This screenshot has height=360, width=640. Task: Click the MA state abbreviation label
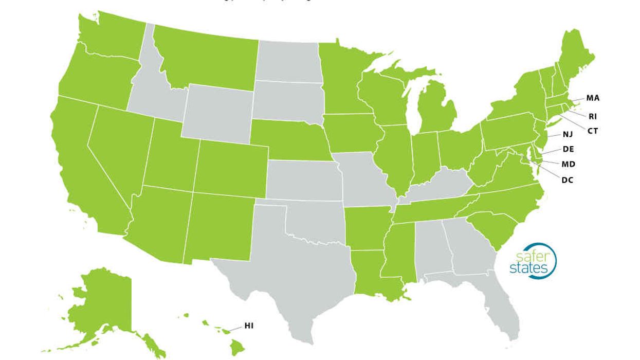593,98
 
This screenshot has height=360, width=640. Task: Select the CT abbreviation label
593,131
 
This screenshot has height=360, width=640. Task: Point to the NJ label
568,135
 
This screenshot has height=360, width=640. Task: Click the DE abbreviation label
568,149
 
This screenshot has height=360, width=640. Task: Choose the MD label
568,164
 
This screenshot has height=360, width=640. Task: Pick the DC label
568,180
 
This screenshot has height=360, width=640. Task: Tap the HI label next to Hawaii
249,326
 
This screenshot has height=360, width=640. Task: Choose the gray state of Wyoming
218,111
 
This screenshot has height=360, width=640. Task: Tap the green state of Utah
170,154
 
